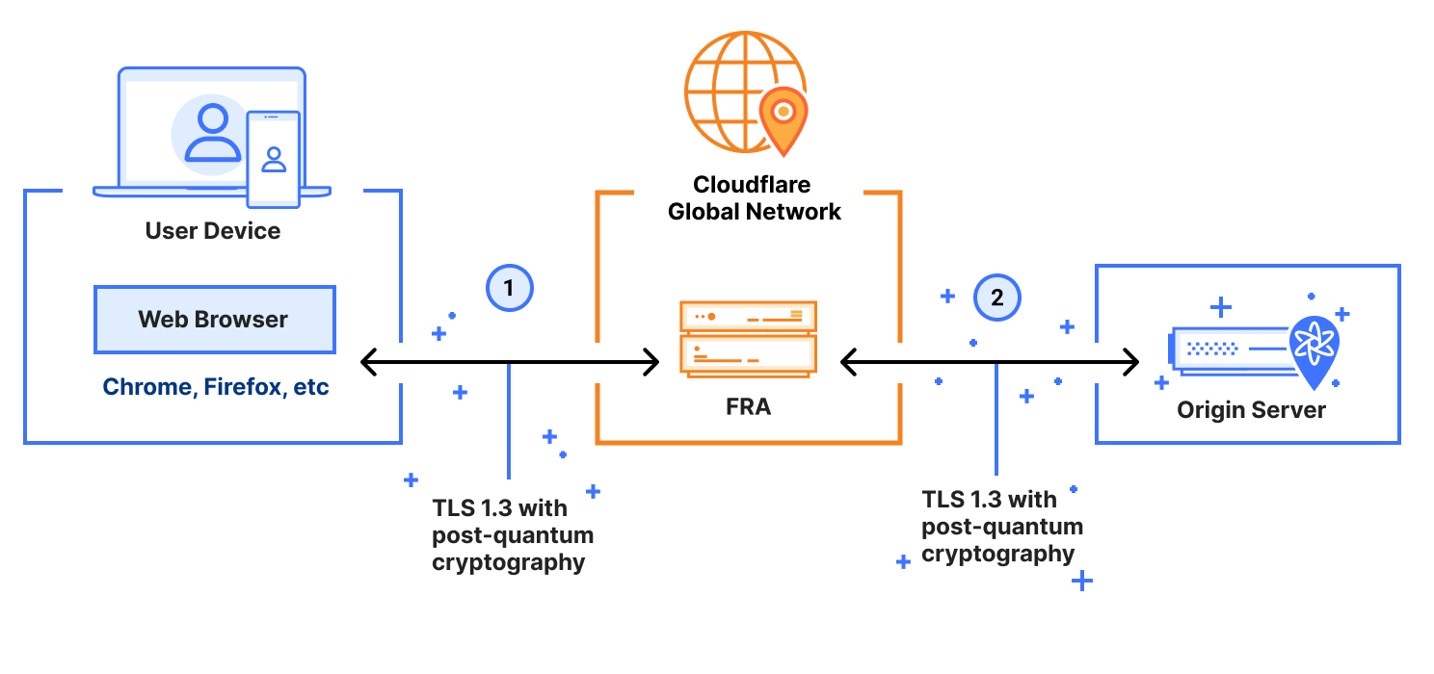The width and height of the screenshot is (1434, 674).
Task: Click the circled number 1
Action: (x=510, y=287)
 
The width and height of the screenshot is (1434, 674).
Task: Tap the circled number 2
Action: (x=997, y=298)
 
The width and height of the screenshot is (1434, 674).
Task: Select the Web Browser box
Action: (x=214, y=320)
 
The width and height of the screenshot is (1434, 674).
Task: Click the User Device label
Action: (x=213, y=231)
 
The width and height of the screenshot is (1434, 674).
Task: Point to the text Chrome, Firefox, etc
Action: (x=216, y=387)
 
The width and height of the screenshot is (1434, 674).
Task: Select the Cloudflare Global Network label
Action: (x=754, y=198)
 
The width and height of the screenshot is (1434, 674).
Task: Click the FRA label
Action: (x=748, y=407)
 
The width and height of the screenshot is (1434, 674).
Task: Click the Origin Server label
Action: (x=1251, y=410)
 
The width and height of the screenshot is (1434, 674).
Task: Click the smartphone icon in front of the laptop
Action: (x=274, y=159)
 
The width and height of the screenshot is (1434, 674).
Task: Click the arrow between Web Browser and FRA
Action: (x=509, y=363)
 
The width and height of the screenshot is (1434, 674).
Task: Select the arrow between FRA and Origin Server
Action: (x=990, y=363)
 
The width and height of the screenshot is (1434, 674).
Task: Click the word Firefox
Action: (x=244, y=387)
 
